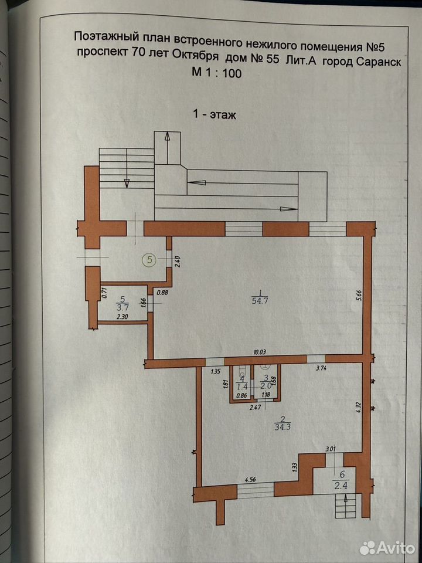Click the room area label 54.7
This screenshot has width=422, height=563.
pyautogui.click(x=260, y=301)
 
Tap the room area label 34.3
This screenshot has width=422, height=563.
pyautogui.click(x=283, y=428)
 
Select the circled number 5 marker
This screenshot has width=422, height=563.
pyautogui.click(x=149, y=259)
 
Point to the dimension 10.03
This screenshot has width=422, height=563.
pyautogui.click(x=261, y=352)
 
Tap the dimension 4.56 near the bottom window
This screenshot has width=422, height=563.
pyautogui.click(x=250, y=479)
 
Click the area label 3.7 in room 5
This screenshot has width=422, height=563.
pyautogui.click(x=123, y=307)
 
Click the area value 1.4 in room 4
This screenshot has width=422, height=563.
pyautogui.click(x=243, y=386)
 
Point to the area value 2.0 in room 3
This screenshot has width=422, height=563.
pyautogui.click(x=266, y=386)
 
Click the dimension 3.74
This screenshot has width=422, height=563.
pyautogui.click(x=321, y=368)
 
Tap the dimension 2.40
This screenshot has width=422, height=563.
pyautogui.click(x=176, y=261)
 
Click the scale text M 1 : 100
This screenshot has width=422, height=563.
pyautogui.click(x=217, y=73)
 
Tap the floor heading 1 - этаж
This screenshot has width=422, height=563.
pyautogui.click(x=215, y=115)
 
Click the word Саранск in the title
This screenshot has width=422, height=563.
pyautogui.click(x=379, y=62)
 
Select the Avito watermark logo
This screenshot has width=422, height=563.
pyautogui.click(x=387, y=548)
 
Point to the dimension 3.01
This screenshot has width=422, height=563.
pyautogui.click(x=331, y=449)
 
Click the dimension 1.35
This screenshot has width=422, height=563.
pyautogui.click(x=216, y=372)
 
